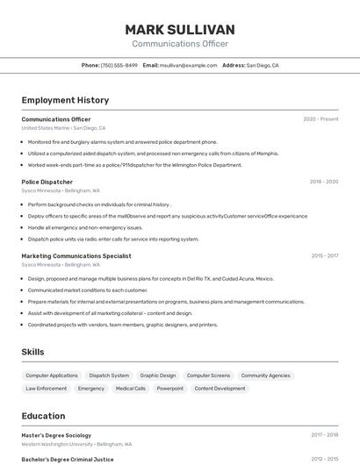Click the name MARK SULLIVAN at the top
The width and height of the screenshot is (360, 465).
click(x=180, y=30)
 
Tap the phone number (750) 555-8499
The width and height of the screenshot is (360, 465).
click(x=119, y=65)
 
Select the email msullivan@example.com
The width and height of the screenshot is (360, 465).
click(x=188, y=65)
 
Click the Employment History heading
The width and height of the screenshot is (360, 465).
click(x=65, y=100)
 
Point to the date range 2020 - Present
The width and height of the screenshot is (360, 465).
click(x=320, y=119)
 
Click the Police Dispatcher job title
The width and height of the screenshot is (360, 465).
click(x=47, y=182)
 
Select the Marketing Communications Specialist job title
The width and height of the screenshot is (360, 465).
click(x=76, y=256)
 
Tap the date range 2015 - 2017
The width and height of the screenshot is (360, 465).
click(x=324, y=256)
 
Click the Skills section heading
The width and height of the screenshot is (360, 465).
click(x=33, y=352)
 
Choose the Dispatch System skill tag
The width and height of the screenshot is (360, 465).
click(x=109, y=376)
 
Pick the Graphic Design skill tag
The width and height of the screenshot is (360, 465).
click(x=158, y=376)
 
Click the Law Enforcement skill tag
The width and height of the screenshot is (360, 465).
click(x=46, y=388)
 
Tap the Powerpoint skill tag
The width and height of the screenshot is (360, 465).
click(x=170, y=388)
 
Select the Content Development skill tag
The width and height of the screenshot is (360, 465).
click(x=220, y=388)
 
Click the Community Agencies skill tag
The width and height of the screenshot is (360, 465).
click(x=265, y=376)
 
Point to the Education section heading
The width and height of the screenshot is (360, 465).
click(x=43, y=416)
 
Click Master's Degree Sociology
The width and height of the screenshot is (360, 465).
click(x=56, y=434)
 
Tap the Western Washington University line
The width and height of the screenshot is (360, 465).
click(x=76, y=444)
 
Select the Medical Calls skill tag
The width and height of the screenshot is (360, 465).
click(x=131, y=388)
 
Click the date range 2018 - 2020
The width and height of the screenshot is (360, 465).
click(x=324, y=182)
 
